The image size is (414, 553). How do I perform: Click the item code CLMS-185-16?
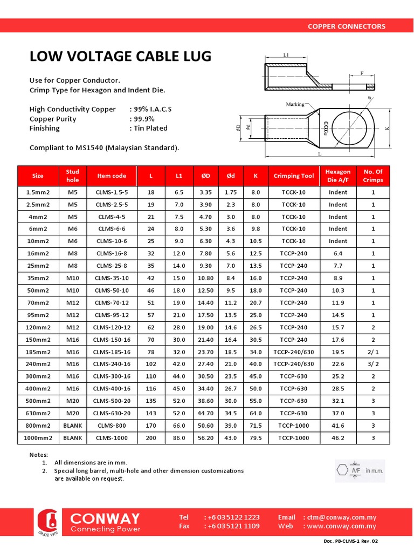(112, 352)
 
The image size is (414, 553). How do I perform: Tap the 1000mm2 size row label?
(38, 438)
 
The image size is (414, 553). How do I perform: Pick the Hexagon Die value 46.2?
(338, 438)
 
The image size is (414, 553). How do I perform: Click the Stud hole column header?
(73, 176)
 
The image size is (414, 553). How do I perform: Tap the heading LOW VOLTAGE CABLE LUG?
(120, 57)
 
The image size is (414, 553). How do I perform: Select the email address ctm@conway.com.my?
(342, 517)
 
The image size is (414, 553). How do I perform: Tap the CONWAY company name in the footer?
(105, 518)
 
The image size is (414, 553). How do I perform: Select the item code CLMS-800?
(112, 426)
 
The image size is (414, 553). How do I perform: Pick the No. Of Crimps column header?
(373, 176)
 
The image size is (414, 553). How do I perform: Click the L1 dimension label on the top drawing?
(286, 55)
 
